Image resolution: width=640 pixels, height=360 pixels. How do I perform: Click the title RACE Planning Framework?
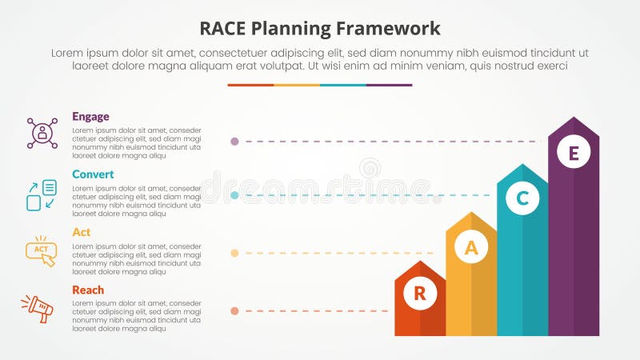click(319, 29)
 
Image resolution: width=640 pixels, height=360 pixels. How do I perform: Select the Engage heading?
click(90, 117)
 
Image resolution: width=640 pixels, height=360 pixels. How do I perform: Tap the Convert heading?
click(93, 174)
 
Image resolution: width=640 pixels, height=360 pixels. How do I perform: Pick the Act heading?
click(81, 232)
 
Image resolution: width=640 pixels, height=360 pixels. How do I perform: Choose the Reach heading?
click(88, 290)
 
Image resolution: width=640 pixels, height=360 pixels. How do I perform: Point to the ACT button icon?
click(41, 250)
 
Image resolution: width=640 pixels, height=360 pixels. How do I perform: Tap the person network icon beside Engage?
click(42, 134)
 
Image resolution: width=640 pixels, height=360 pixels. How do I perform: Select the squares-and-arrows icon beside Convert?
click(42, 195)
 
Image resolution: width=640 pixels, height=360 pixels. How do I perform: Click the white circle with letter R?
click(420, 294)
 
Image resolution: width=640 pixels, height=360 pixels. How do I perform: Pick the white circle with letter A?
click(471, 248)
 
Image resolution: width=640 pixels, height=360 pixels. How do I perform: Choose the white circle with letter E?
click(574, 151)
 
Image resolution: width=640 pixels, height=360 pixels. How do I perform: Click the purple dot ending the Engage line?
click(234, 142)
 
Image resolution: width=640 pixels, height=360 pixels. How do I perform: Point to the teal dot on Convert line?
click(234, 195)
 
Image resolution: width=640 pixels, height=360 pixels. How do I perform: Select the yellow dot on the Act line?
click(234, 253)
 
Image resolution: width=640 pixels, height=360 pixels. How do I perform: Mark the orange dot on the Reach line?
click(234, 310)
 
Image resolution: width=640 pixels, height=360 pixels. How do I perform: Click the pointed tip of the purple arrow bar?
click(574, 119)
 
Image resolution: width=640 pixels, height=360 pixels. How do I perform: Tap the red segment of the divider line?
click(250, 85)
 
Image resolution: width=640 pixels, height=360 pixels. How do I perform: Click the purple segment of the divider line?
click(389, 85)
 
